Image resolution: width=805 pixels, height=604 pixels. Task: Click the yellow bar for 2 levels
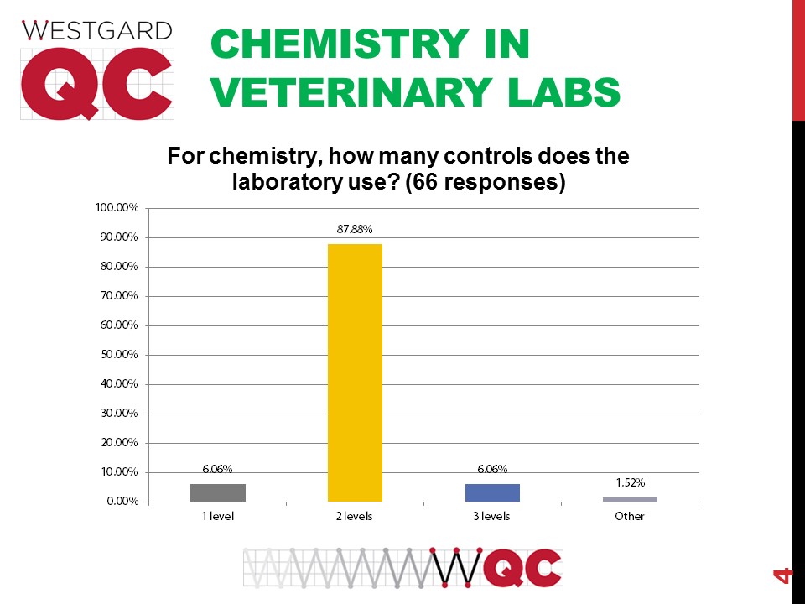tap(355, 372)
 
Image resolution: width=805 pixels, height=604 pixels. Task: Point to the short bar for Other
tap(630, 499)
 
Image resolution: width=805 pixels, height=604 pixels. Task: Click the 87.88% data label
tap(355, 228)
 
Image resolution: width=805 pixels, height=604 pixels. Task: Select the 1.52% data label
tap(630, 483)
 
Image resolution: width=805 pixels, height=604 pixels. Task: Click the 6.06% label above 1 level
tap(218, 469)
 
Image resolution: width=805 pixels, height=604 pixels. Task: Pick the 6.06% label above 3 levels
tap(492, 469)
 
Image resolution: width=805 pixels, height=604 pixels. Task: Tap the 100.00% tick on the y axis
tap(119, 208)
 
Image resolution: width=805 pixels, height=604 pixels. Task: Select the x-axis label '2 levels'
tap(355, 516)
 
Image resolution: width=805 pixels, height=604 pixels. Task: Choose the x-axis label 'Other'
tap(630, 516)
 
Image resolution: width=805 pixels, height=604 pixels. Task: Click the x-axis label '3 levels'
tap(492, 516)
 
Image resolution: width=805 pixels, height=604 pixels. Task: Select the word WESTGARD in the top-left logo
tap(97, 31)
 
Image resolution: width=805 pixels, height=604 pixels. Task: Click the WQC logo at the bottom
tap(403, 568)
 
